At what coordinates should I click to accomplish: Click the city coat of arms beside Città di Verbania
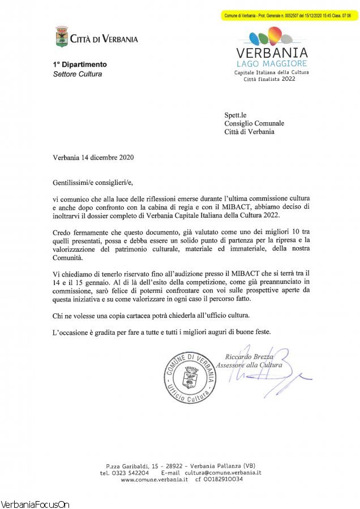coord(62,37)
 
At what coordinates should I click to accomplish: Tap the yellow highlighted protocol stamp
coord(289,16)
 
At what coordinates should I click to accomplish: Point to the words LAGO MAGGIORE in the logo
coord(271,64)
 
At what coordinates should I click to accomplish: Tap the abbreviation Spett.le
coord(237,115)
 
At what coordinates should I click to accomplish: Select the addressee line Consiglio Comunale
coord(254,123)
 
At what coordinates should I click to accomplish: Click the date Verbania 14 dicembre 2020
coord(93,157)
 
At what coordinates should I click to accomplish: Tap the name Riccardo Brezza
coord(249,356)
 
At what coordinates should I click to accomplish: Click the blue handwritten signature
coord(283,376)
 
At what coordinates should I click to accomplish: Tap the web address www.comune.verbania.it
coord(154,479)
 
